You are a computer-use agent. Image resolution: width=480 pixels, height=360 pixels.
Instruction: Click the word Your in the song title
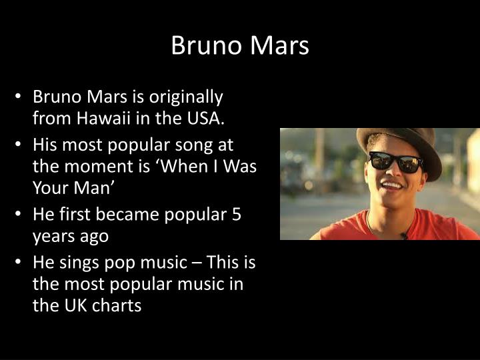49,189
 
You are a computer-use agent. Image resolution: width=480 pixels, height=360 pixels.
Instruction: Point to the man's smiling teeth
393,185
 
